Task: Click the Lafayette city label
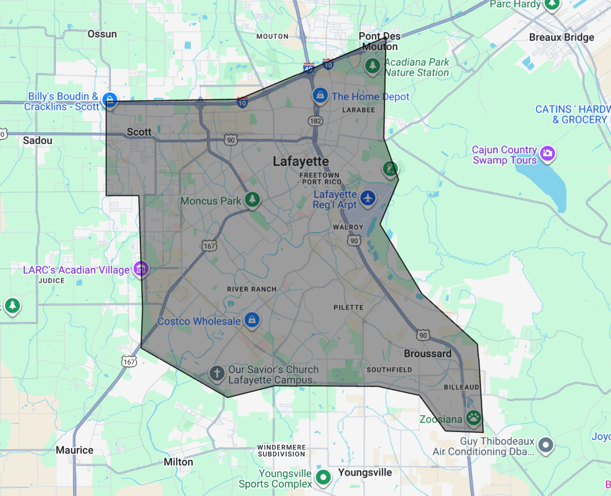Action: pos(301,161)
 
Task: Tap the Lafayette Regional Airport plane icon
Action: pos(368,198)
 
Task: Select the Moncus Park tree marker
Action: pos(253,199)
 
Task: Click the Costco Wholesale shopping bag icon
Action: pos(252,320)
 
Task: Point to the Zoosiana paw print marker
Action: pos(473,417)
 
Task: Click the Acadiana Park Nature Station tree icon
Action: pos(372,65)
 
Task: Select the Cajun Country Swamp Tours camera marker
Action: pos(547,153)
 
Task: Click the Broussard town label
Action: pos(428,353)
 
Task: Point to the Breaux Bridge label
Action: pos(561,37)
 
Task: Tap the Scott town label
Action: pos(139,132)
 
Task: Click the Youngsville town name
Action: pos(365,472)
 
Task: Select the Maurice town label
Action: pos(74,450)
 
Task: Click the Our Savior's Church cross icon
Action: pos(216,373)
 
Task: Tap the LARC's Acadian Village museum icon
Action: pos(141,269)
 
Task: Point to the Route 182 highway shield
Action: pos(315,121)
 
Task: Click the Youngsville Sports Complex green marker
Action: pos(323,477)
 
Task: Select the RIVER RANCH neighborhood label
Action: pos(252,289)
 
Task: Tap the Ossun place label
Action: pos(102,34)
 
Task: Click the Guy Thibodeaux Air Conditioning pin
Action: pos(545,445)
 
